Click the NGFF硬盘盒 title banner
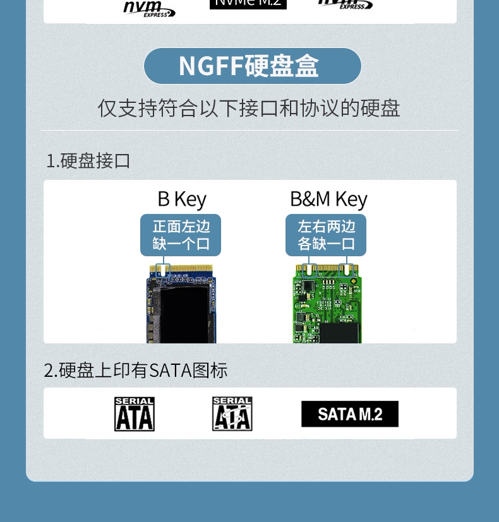(x=252, y=66)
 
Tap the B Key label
(x=182, y=199)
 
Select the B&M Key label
(x=328, y=199)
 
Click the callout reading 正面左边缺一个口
(x=181, y=235)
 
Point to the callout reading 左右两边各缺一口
(x=326, y=235)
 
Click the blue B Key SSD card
(x=182, y=306)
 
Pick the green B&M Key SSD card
(x=327, y=306)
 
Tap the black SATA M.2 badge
(x=350, y=414)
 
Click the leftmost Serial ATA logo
(x=134, y=414)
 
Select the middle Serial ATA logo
(x=232, y=414)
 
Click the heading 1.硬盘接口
(x=88, y=161)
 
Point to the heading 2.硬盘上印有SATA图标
(x=136, y=371)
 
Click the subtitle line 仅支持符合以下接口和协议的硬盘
(x=249, y=108)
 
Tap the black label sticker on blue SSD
(x=183, y=316)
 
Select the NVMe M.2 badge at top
(x=248, y=3)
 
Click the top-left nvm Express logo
(x=148, y=8)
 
